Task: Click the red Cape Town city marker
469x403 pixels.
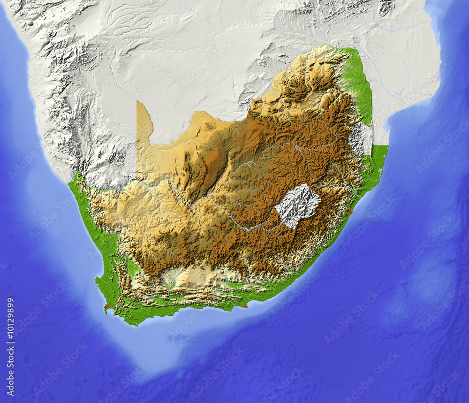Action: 107,306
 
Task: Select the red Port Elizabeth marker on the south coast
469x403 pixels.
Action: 246,306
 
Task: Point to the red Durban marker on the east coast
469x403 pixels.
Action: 350,212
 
